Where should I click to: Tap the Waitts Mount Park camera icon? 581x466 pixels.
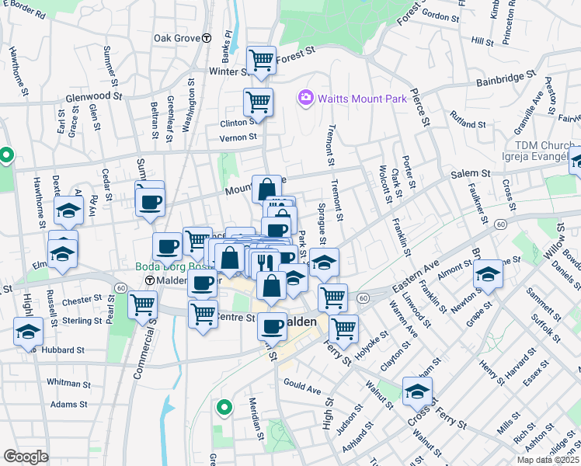click(305, 99)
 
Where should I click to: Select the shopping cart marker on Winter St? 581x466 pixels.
click(261, 59)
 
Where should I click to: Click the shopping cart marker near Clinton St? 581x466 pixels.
click(257, 101)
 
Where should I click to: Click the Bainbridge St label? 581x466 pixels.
click(506, 78)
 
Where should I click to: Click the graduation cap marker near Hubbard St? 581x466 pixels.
click(29, 332)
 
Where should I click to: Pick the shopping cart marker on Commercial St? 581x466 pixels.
click(142, 304)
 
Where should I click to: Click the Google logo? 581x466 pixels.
click(26, 456)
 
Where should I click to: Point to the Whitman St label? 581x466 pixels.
click(68, 382)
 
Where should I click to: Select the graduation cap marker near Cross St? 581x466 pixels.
click(417, 391)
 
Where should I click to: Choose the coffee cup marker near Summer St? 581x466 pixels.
click(150, 202)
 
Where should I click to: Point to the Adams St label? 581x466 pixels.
click(69, 404)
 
